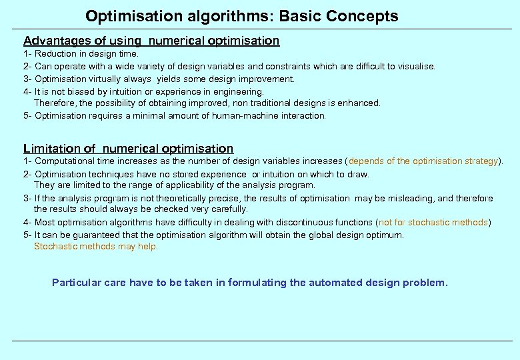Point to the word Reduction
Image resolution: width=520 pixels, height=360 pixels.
coord(57,53)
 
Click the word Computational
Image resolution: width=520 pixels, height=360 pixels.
coord(64,161)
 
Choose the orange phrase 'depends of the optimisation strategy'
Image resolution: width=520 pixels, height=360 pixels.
coord(423,161)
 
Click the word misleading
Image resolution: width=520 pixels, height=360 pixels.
coord(409,198)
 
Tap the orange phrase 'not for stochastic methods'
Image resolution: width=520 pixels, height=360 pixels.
coord(433,222)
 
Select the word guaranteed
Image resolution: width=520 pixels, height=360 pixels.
coord(95,235)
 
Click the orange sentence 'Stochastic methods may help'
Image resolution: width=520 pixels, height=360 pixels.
coord(95,247)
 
